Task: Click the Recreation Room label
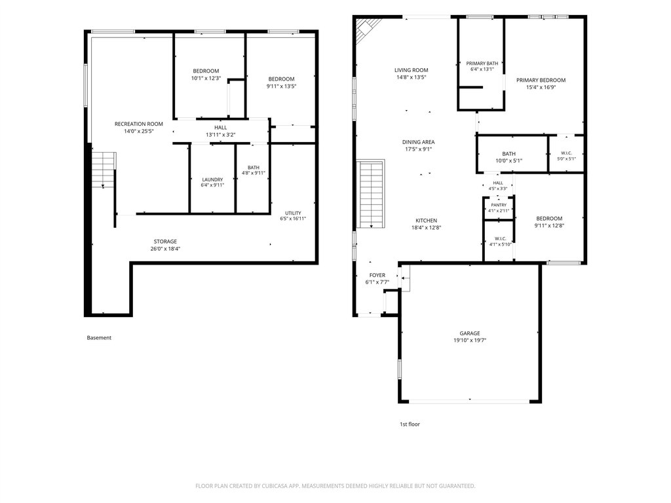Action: point(139,124)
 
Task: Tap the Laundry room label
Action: point(213,179)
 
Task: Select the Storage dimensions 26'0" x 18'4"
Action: point(165,248)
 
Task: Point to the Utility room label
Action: point(293,213)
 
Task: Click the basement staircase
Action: point(104,170)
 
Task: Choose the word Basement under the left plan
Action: point(99,338)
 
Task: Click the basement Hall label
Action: point(221,128)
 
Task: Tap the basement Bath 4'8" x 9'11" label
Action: point(254,170)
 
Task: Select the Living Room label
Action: point(412,70)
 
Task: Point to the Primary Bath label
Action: point(482,64)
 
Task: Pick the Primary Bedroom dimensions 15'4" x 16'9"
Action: point(541,87)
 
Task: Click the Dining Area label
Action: point(419,142)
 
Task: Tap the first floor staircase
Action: point(371,194)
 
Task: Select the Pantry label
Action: point(499,205)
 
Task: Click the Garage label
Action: point(470,333)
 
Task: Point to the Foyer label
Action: point(377,275)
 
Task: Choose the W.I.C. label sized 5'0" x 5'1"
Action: point(567,156)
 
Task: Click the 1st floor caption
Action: point(410,424)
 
